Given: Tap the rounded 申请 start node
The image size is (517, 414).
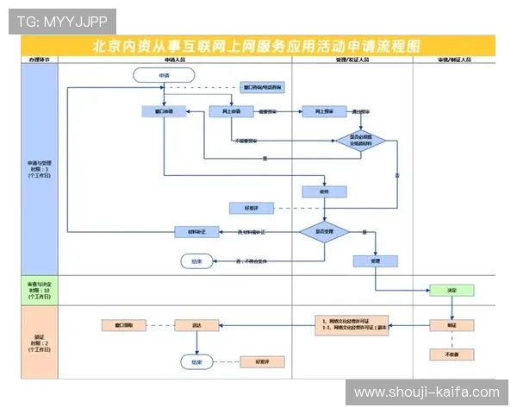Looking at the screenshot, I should tap(163, 76).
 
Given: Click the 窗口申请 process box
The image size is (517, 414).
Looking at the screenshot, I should tap(163, 111).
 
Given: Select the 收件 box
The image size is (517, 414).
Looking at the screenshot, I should tap(324, 191).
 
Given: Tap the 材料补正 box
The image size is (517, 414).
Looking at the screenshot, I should tap(196, 231).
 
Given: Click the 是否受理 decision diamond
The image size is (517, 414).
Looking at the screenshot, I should tap(323, 231).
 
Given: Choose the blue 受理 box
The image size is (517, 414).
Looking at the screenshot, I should tap(375, 260).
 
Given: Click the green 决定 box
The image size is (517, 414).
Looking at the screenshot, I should tap(451, 291).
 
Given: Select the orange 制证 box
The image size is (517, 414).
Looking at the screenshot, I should tap(452, 325).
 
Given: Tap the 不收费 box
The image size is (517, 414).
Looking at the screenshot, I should tap(452, 354).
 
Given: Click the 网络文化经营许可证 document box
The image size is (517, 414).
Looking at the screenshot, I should tap(353, 325).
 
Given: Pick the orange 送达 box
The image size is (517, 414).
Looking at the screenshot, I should tap(196, 325).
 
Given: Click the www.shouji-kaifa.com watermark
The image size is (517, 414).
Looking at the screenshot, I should tap(426, 392).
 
